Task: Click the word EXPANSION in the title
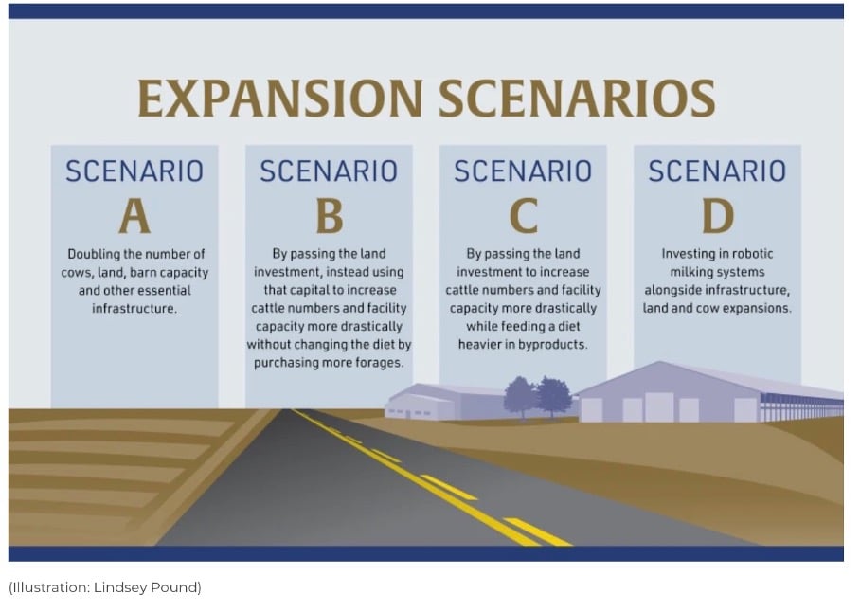point(279,99)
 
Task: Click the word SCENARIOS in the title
point(577,99)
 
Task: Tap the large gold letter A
point(134,216)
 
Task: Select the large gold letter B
point(329,216)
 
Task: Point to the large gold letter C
point(523,216)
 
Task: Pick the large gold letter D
point(718,216)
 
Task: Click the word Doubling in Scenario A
point(93,255)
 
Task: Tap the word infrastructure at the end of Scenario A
point(134,309)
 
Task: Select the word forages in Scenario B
point(382,363)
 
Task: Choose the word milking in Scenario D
point(692,272)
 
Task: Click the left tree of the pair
point(520,395)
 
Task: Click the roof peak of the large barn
point(661,363)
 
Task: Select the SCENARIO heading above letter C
point(523,171)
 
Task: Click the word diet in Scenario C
point(569,327)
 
